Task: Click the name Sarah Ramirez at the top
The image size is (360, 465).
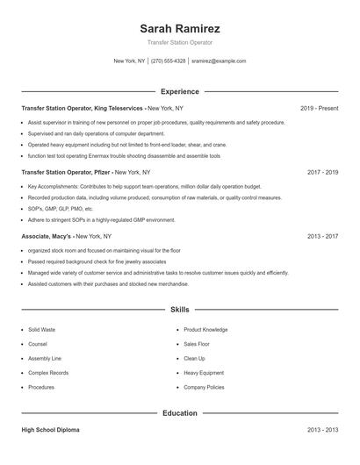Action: click(179, 28)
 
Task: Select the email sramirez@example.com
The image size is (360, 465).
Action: click(219, 61)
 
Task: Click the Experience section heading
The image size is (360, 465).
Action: click(179, 91)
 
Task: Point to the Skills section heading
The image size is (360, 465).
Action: click(179, 310)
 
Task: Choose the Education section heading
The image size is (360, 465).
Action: click(179, 412)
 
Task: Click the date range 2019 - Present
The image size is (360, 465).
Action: click(319, 108)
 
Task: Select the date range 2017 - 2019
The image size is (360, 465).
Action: click(322, 173)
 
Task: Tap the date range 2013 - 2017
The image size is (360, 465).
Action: click(322, 237)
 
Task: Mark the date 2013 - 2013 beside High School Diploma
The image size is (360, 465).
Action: click(322, 431)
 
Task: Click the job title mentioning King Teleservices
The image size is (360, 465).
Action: click(83, 108)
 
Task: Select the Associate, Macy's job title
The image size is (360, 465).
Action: click(47, 237)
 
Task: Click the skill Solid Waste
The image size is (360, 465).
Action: click(41, 330)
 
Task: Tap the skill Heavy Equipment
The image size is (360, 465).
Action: click(204, 372)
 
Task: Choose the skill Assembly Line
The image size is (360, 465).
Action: click(44, 358)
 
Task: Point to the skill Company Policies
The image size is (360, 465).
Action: click(204, 387)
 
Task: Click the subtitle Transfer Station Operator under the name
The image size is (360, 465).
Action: click(179, 43)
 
